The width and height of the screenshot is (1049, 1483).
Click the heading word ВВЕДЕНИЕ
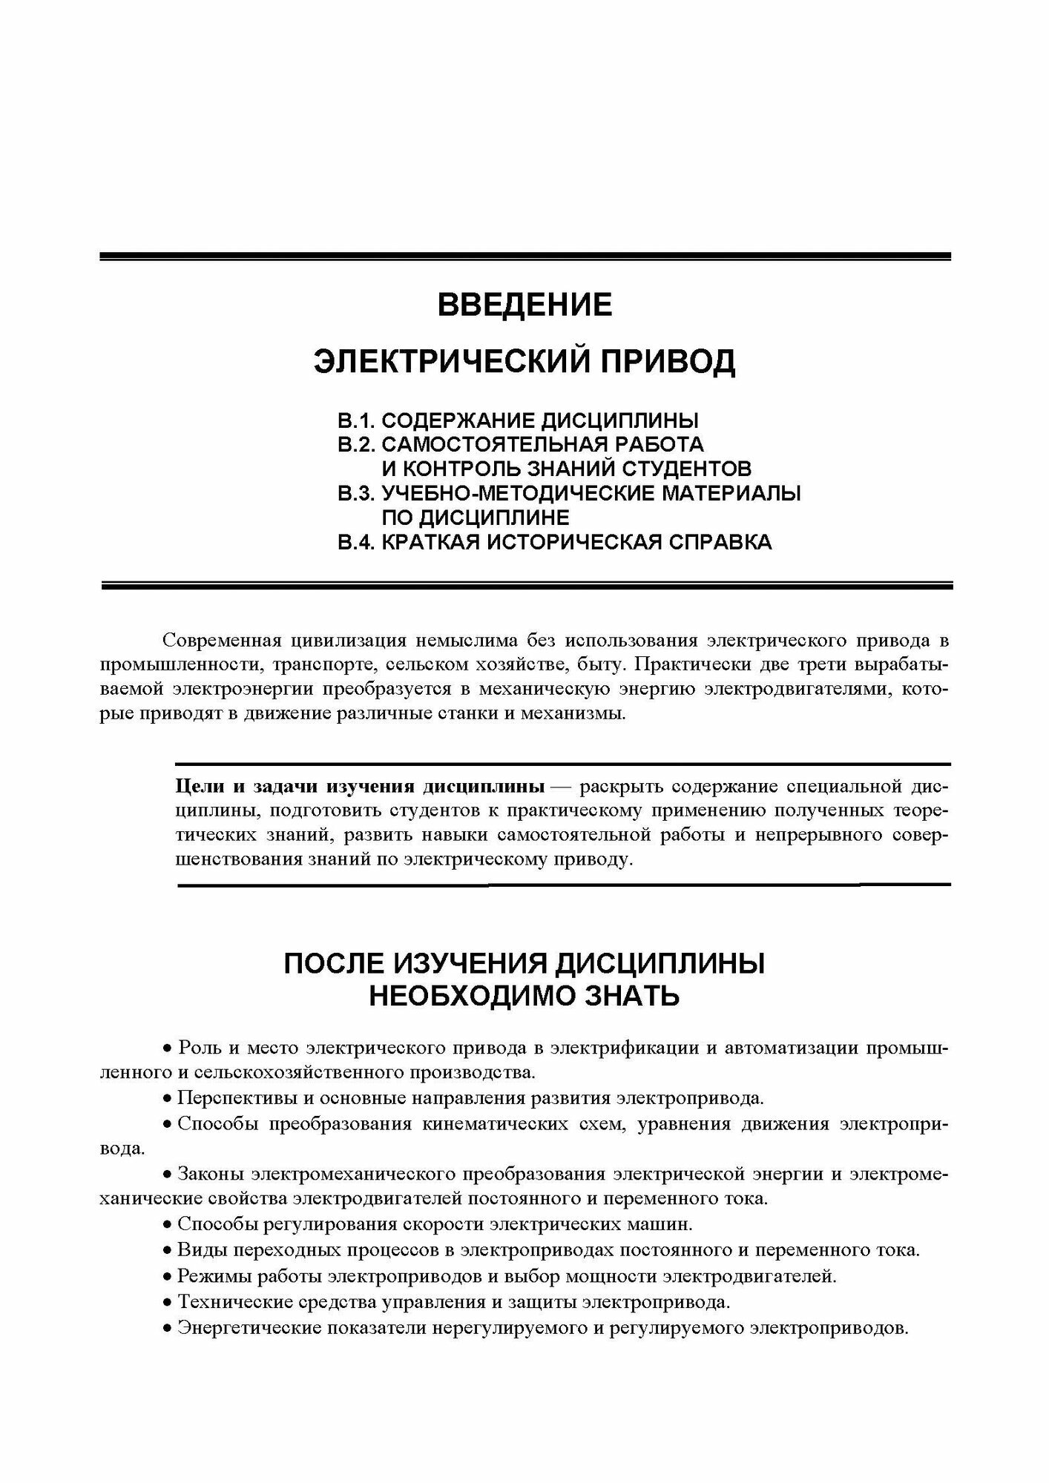click(x=524, y=305)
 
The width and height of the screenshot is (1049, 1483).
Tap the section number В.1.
click(x=357, y=421)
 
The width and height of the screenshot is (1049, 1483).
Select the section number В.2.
click(x=357, y=445)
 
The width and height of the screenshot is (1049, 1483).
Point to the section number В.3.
click(x=357, y=493)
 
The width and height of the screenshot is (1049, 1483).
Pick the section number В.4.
click(x=357, y=542)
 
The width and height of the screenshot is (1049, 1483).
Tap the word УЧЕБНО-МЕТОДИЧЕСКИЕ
click(x=519, y=493)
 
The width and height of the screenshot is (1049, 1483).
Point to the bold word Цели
click(x=196, y=785)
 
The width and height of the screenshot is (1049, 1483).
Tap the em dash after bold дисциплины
click(x=561, y=785)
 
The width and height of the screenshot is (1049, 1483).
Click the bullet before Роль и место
click(x=167, y=1049)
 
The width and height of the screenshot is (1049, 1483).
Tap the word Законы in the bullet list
click(x=210, y=1175)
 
